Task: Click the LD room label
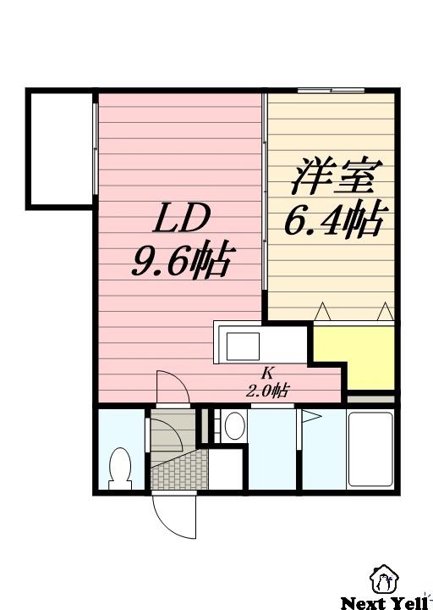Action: coord(180,220)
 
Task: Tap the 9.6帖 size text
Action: coord(180,261)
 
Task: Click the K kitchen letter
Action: coord(266,373)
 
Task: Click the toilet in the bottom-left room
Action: coord(119,467)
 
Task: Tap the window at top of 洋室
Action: coord(331,90)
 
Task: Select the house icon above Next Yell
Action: coord(385,579)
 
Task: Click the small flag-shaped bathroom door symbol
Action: coord(311,418)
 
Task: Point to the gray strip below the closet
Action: coord(371,398)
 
